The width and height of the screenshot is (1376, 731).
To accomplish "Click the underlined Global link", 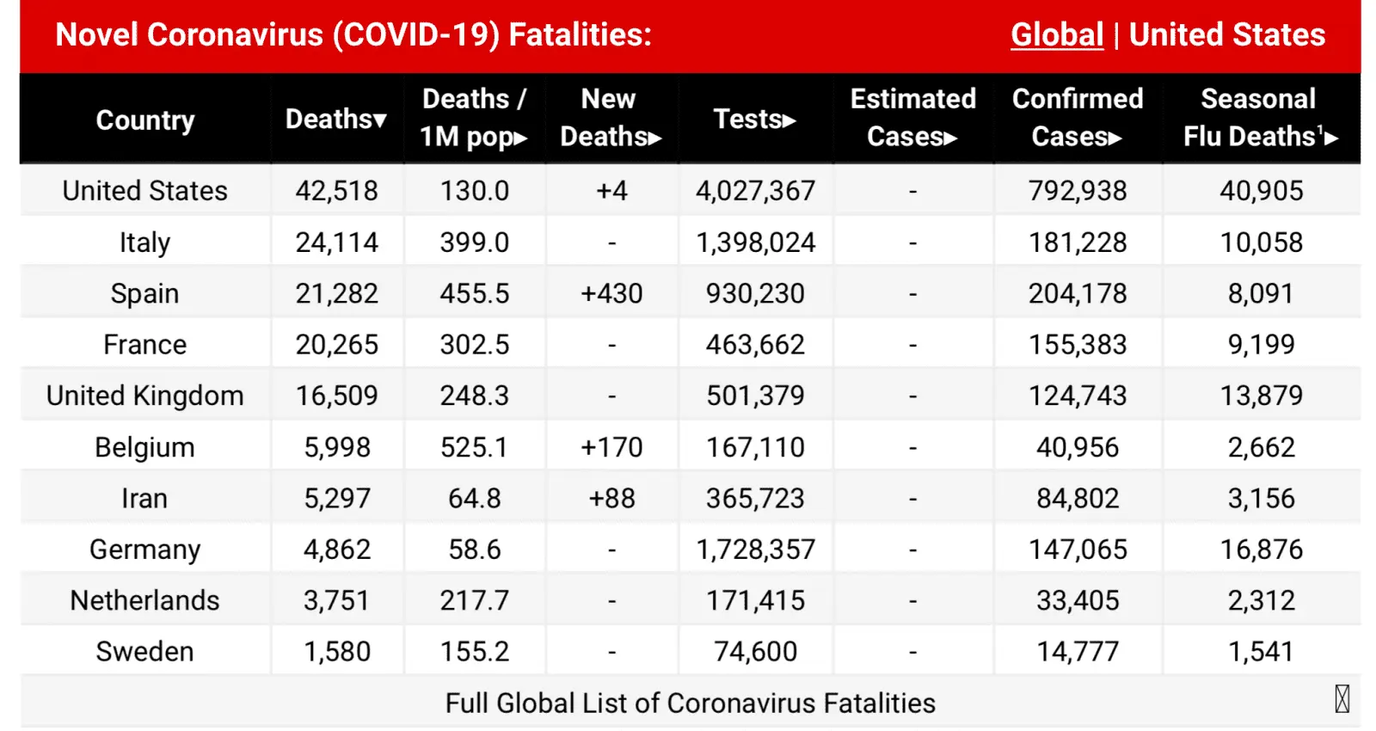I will pyautogui.click(x=1056, y=35).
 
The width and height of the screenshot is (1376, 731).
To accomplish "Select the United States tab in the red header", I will pyautogui.click(x=1226, y=35).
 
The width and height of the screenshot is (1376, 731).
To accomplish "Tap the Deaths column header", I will pyautogui.click(x=335, y=119).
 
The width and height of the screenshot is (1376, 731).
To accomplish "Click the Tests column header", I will pyautogui.click(x=754, y=119).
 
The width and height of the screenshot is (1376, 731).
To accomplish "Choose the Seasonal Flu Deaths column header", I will pyautogui.click(x=1260, y=118).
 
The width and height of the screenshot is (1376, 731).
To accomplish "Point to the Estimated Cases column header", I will pyautogui.click(x=912, y=118).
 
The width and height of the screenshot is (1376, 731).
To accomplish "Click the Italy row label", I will pyautogui.click(x=144, y=243).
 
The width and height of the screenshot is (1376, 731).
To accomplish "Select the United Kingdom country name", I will pyautogui.click(x=144, y=396).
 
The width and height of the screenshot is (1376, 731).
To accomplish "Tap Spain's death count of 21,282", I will pyautogui.click(x=336, y=293).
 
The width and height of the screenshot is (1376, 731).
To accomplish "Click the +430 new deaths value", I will pyautogui.click(x=611, y=293).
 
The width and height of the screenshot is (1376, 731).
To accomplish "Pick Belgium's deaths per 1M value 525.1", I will pyautogui.click(x=474, y=447).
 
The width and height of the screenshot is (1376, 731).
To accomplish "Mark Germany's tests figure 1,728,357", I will pyautogui.click(x=755, y=550).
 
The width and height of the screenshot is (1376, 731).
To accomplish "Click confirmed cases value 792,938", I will pyautogui.click(x=1078, y=191).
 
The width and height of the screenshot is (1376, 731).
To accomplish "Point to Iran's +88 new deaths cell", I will pyautogui.click(x=611, y=498).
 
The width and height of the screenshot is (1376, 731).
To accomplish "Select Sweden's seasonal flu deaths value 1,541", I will pyautogui.click(x=1260, y=652).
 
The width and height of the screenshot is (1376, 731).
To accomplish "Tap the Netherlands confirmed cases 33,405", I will pyautogui.click(x=1078, y=600).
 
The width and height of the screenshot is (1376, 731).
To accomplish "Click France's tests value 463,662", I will pyautogui.click(x=755, y=345).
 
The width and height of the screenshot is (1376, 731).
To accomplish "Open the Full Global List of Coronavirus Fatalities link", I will pyautogui.click(x=690, y=703).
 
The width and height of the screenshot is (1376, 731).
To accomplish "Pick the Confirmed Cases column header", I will pyautogui.click(x=1078, y=118).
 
